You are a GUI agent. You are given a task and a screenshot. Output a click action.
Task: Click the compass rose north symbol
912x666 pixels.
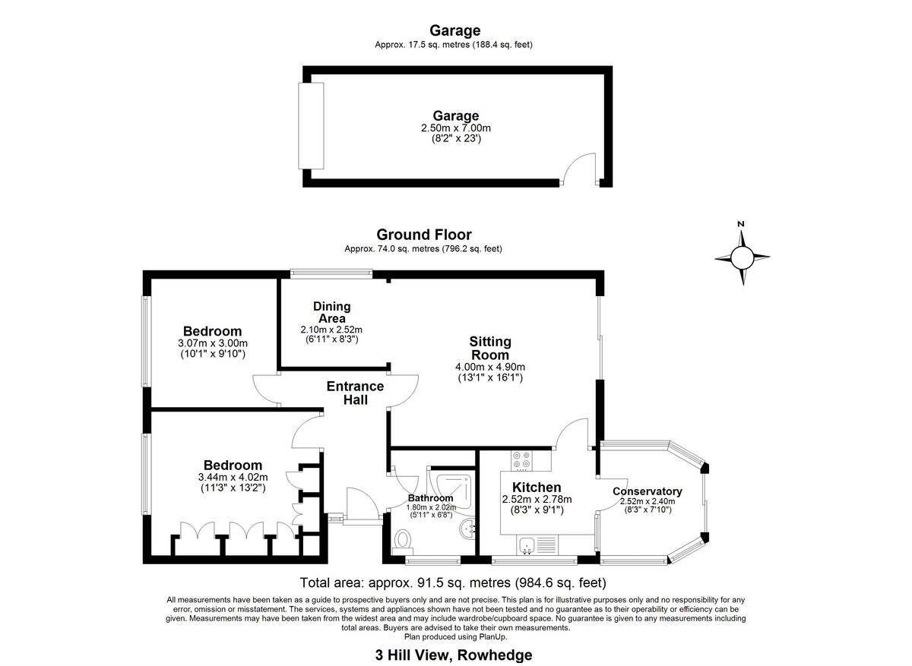pyautogui.click(x=742, y=257)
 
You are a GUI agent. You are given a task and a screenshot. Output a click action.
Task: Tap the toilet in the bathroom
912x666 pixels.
pyautogui.click(x=404, y=540)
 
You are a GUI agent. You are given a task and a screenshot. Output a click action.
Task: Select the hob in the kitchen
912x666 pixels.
pyautogui.click(x=523, y=460)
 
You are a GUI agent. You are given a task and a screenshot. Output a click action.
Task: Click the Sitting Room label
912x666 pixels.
pyautogui.click(x=489, y=349)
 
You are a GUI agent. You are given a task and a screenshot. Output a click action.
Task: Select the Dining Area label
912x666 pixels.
pyautogui.click(x=332, y=312)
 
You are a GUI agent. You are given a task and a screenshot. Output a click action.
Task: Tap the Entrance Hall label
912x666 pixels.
pyautogui.click(x=355, y=393)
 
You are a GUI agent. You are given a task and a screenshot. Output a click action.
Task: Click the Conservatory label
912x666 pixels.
pyautogui.click(x=648, y=491)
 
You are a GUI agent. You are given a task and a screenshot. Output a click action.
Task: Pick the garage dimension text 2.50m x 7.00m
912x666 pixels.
pyautogui.click(x=456, y=129)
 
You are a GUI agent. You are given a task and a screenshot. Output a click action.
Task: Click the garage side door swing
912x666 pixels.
pyautogui.click(x=582, y=168)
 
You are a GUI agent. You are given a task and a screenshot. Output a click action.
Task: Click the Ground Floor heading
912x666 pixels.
pyautogui.click(x=423, y=235)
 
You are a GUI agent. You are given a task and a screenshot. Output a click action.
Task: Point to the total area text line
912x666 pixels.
pyautogui.click(x=453, y=583)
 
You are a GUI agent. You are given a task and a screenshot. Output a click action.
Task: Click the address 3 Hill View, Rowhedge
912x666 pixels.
pyautogui.click(x=453, y=655)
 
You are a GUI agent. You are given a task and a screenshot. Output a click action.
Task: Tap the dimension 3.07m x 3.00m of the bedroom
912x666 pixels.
pyautogui.click(x=212, y=343)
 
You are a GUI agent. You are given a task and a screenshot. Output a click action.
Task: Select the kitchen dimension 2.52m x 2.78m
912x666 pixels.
pyautogui.click(x=537, y=499)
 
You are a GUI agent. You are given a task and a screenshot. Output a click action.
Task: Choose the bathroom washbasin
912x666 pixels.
pyautogui.click(x=468, y=526)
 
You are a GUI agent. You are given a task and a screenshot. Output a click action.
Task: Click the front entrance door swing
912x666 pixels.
pyautogui.click(x=357, y=503)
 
